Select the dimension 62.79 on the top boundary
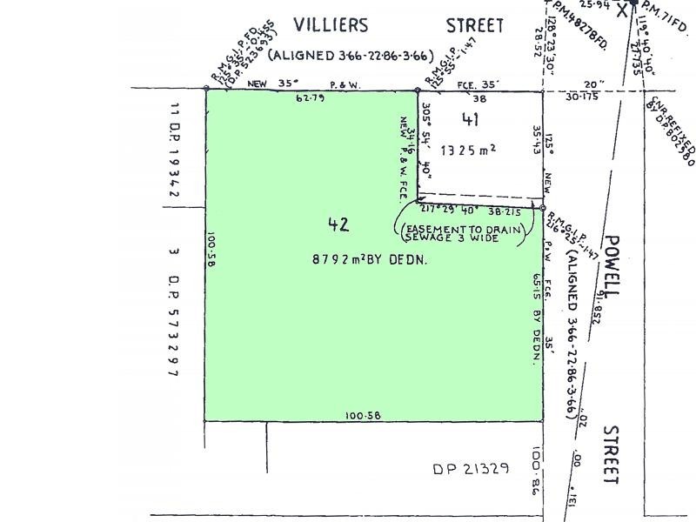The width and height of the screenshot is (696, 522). [x=310, y=98]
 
